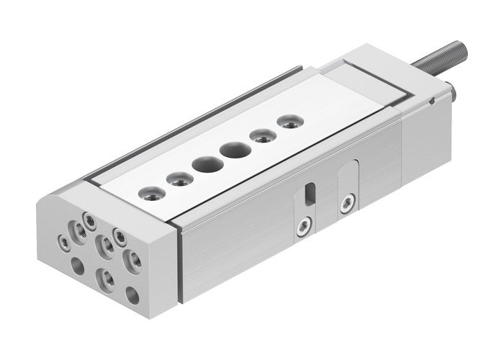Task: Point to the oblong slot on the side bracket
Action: (310, 194)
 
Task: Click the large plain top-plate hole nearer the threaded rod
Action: (232, 151)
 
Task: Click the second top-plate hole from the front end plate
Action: (176, 178)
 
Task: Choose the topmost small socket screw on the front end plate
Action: (89, 217)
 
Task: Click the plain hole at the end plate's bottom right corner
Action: (132, 294)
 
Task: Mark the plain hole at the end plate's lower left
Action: (77, 266)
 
